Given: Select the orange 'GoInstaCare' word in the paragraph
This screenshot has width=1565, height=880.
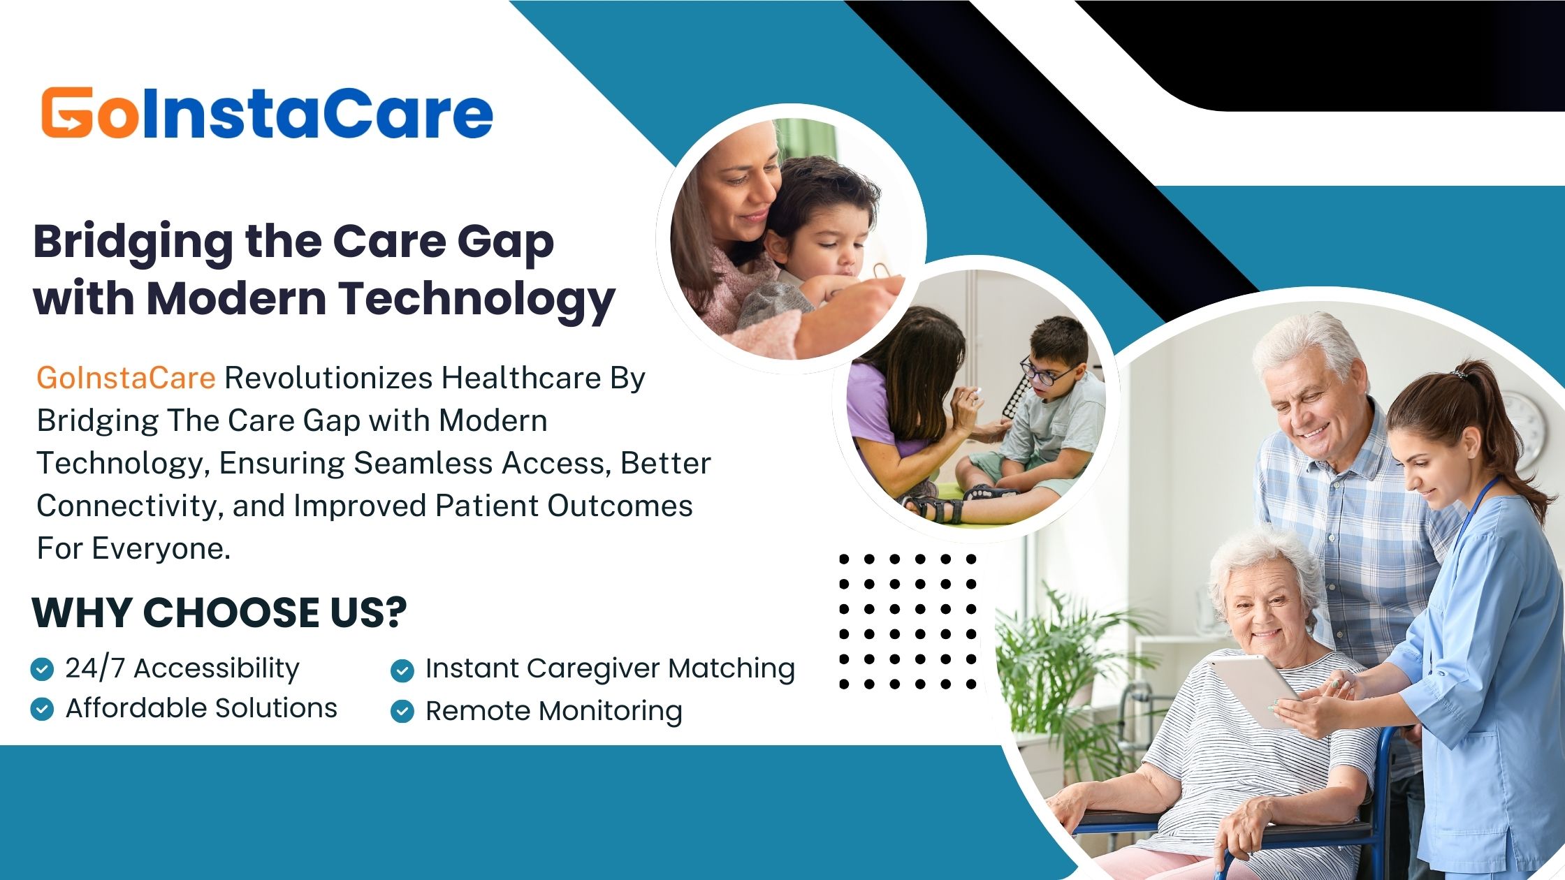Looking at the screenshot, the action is click(x=126, y=378).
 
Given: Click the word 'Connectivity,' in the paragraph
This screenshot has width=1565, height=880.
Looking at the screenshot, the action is click(x=130, y=506).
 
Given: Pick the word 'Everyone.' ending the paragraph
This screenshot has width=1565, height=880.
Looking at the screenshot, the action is click(x=161, y=550).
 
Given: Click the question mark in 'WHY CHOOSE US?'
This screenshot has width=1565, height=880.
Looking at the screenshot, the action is click(x=395, y=613).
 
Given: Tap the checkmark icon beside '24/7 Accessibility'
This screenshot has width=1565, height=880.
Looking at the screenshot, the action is click(x=42, y=669).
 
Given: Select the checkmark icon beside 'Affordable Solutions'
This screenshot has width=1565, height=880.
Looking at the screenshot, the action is click(x=42, y=709).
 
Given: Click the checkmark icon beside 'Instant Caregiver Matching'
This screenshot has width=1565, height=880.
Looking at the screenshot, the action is click(x=402, y=670).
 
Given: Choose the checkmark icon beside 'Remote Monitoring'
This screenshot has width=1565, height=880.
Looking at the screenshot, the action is click(x=402, y=712).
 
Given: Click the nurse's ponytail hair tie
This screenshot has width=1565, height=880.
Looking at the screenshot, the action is click(x=1460, y=374).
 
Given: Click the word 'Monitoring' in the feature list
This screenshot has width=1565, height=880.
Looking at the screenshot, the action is click(x=611, y=712).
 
